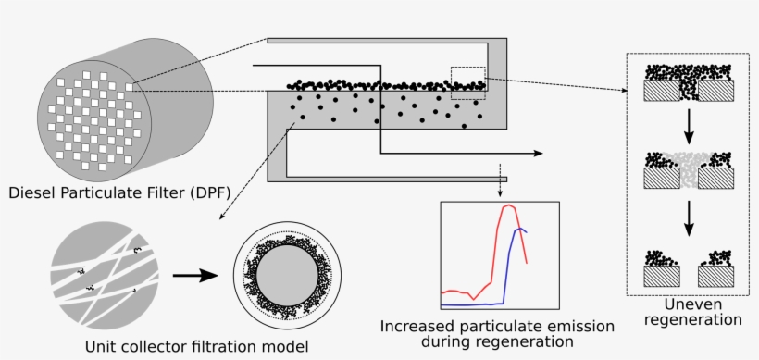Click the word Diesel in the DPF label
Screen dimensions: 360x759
point(30,193)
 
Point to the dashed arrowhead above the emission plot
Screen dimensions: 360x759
point(500,193)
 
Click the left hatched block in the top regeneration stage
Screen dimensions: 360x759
point(662,90)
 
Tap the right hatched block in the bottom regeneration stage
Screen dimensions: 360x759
point(716,275)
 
